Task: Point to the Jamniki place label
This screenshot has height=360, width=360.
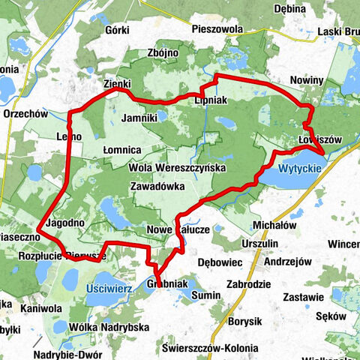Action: [139, 118]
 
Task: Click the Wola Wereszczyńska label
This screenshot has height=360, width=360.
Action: [178, 169]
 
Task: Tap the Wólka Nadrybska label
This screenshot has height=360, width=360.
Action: [109, 327]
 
